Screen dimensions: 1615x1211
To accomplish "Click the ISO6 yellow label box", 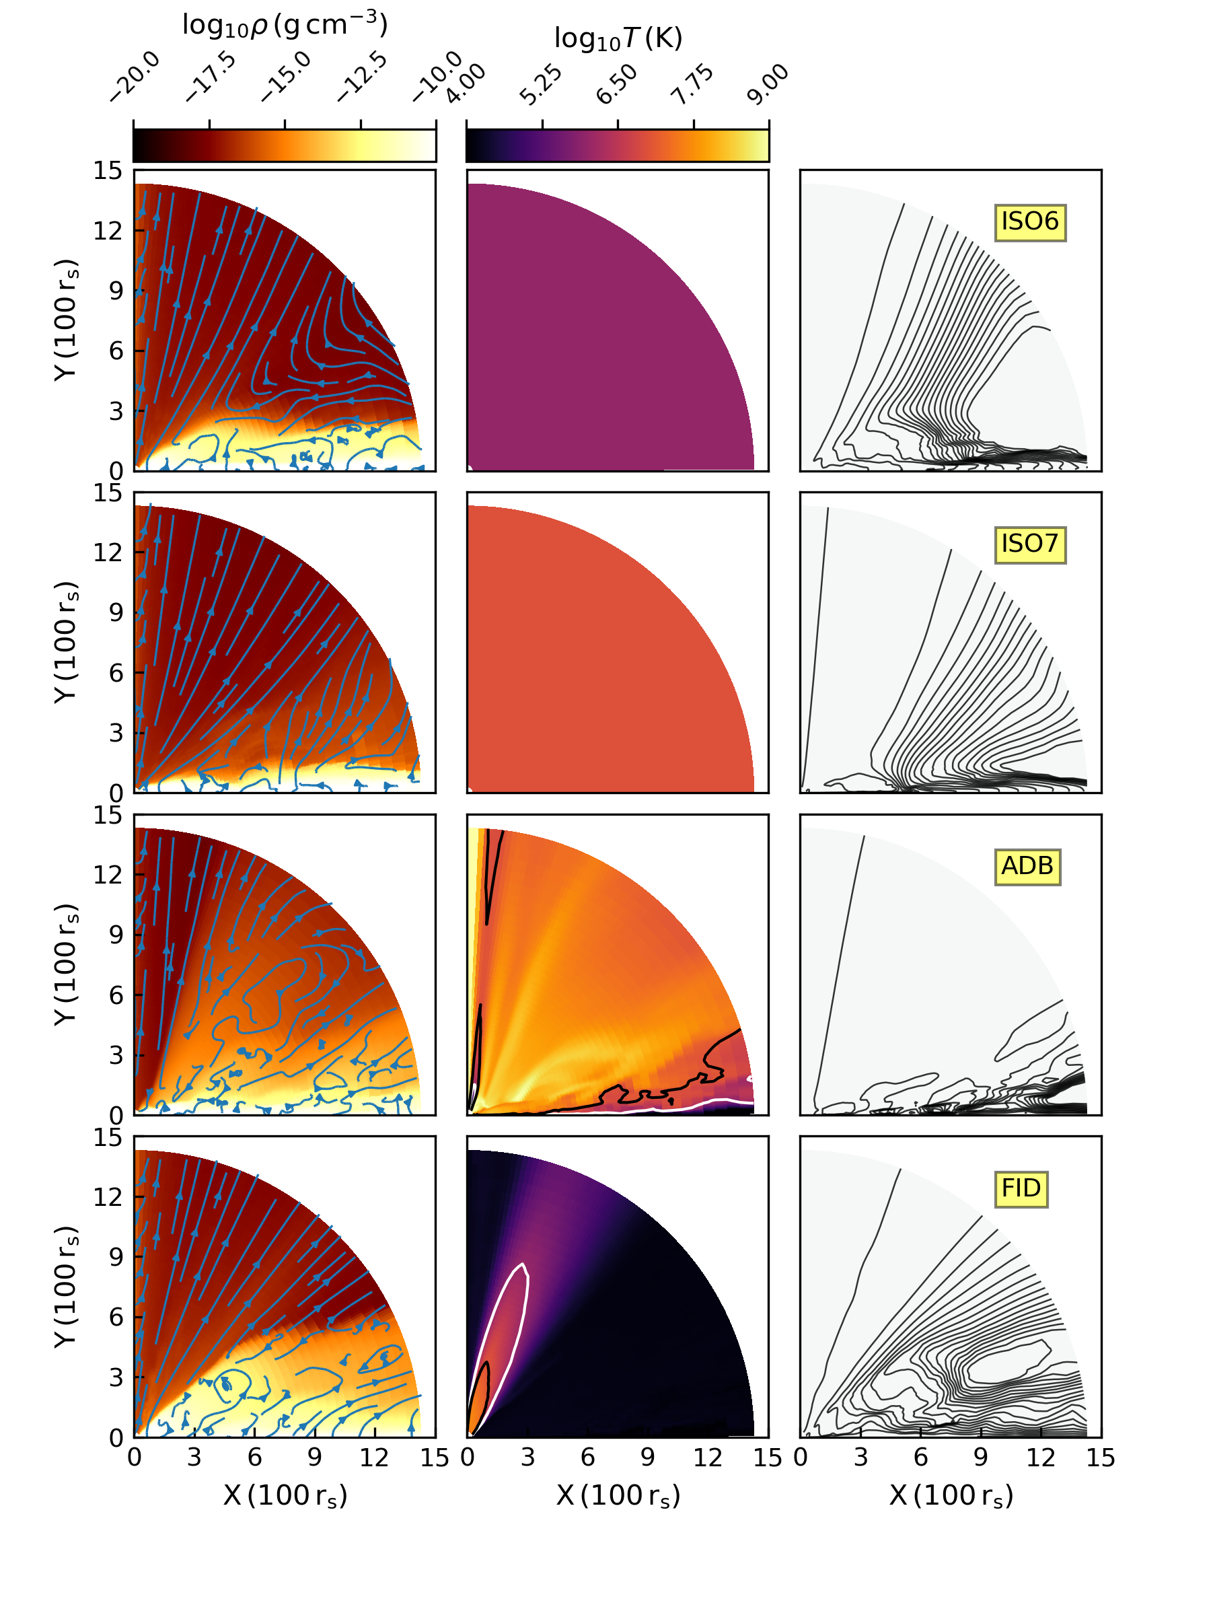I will point(1029,222).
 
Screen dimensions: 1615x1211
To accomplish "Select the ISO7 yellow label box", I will point(1029,544).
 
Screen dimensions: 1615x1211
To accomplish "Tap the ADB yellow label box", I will point(1027,867).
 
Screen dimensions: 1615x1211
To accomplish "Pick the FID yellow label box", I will point(1021,1189).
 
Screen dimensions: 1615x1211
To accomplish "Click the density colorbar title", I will point(285,26).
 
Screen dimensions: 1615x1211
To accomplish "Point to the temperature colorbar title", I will point(618,38).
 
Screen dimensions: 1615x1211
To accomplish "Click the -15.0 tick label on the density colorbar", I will point(287,77).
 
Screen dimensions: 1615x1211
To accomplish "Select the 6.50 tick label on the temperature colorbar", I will point(617,84).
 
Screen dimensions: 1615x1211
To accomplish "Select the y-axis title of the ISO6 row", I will point(67,320).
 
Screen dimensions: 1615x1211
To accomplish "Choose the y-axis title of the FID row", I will point(67,1287).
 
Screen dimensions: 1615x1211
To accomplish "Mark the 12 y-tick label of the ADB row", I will point(107,875).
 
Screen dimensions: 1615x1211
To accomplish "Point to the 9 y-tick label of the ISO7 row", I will point(115,612).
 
